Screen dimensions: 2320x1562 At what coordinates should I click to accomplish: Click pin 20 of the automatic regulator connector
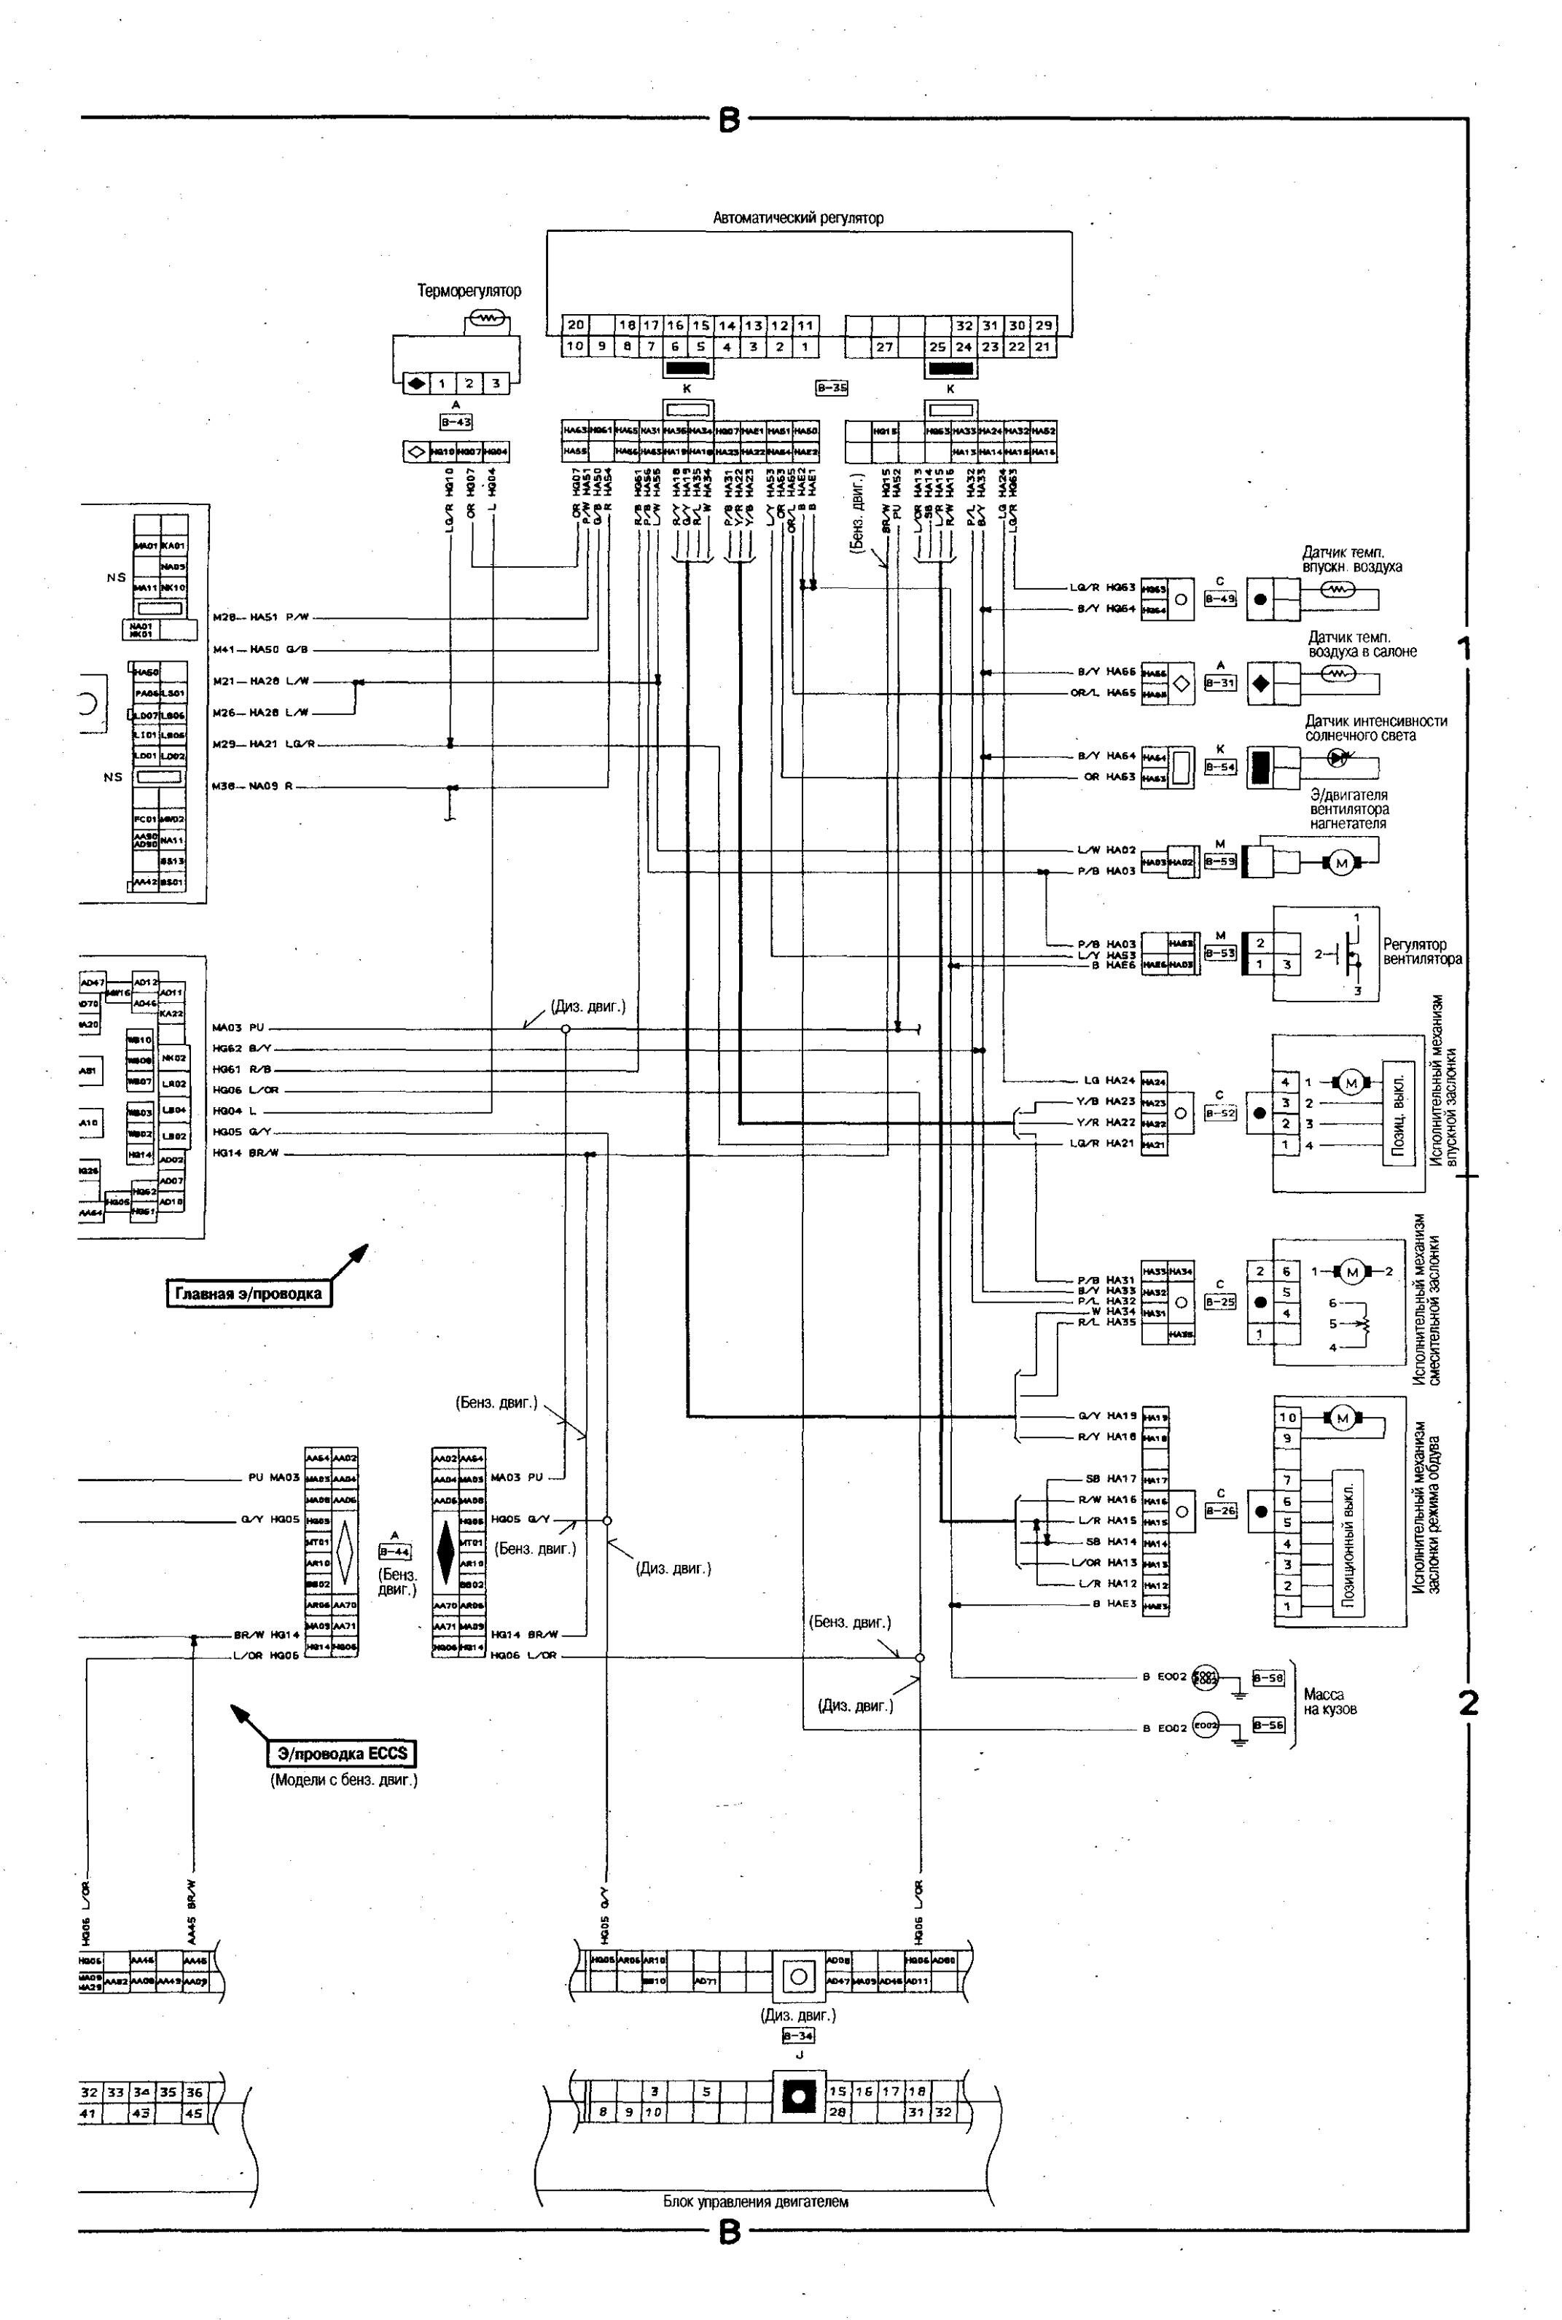575,326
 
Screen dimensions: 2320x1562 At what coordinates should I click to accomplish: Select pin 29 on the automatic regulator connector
1043,326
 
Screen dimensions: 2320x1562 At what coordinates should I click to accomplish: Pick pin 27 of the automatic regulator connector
885,348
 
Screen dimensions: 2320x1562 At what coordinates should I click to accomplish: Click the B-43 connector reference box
456,422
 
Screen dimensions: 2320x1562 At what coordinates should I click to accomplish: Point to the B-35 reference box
832,388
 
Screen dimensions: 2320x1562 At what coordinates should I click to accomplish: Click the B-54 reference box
1219,767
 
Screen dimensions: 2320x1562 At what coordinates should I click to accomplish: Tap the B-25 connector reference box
1219,1301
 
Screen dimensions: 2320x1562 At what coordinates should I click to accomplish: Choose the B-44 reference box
394,1551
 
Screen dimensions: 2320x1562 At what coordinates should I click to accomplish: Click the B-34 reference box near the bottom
798,2036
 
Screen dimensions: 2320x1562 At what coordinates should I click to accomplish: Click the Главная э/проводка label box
248,1294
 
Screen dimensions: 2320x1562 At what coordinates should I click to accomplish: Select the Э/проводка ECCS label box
342,1753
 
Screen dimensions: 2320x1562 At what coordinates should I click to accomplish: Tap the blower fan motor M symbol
1341,863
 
